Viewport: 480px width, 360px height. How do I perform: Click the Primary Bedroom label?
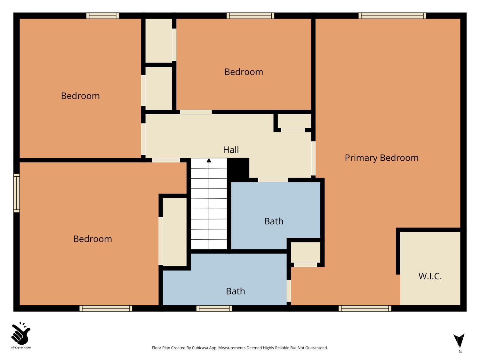coord(381,158)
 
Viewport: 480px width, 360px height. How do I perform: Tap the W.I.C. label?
coord(430,276)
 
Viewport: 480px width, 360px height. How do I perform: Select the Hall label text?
coord(231,150)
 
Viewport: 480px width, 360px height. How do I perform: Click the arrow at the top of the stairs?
coord(209,160)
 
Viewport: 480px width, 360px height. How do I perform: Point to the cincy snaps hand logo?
coord(21,333)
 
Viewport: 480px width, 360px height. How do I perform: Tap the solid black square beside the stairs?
coord(238,168)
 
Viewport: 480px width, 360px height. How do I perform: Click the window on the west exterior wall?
coord(16,193)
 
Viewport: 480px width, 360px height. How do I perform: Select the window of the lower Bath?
coord(214,308)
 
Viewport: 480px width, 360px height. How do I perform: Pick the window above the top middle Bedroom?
coord(250,16)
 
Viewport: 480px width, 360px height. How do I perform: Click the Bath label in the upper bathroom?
coord(274,221)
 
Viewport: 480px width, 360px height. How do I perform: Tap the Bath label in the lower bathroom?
coord(235,291)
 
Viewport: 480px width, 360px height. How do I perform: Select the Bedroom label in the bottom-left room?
coord(92,239)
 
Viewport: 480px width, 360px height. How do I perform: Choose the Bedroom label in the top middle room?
coord(244,72)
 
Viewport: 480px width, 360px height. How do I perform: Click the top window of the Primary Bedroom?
coord(392,16)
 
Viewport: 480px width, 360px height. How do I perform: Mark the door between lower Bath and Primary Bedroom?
coord(289,291)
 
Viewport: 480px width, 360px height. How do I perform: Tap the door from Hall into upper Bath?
coord(273,180)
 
